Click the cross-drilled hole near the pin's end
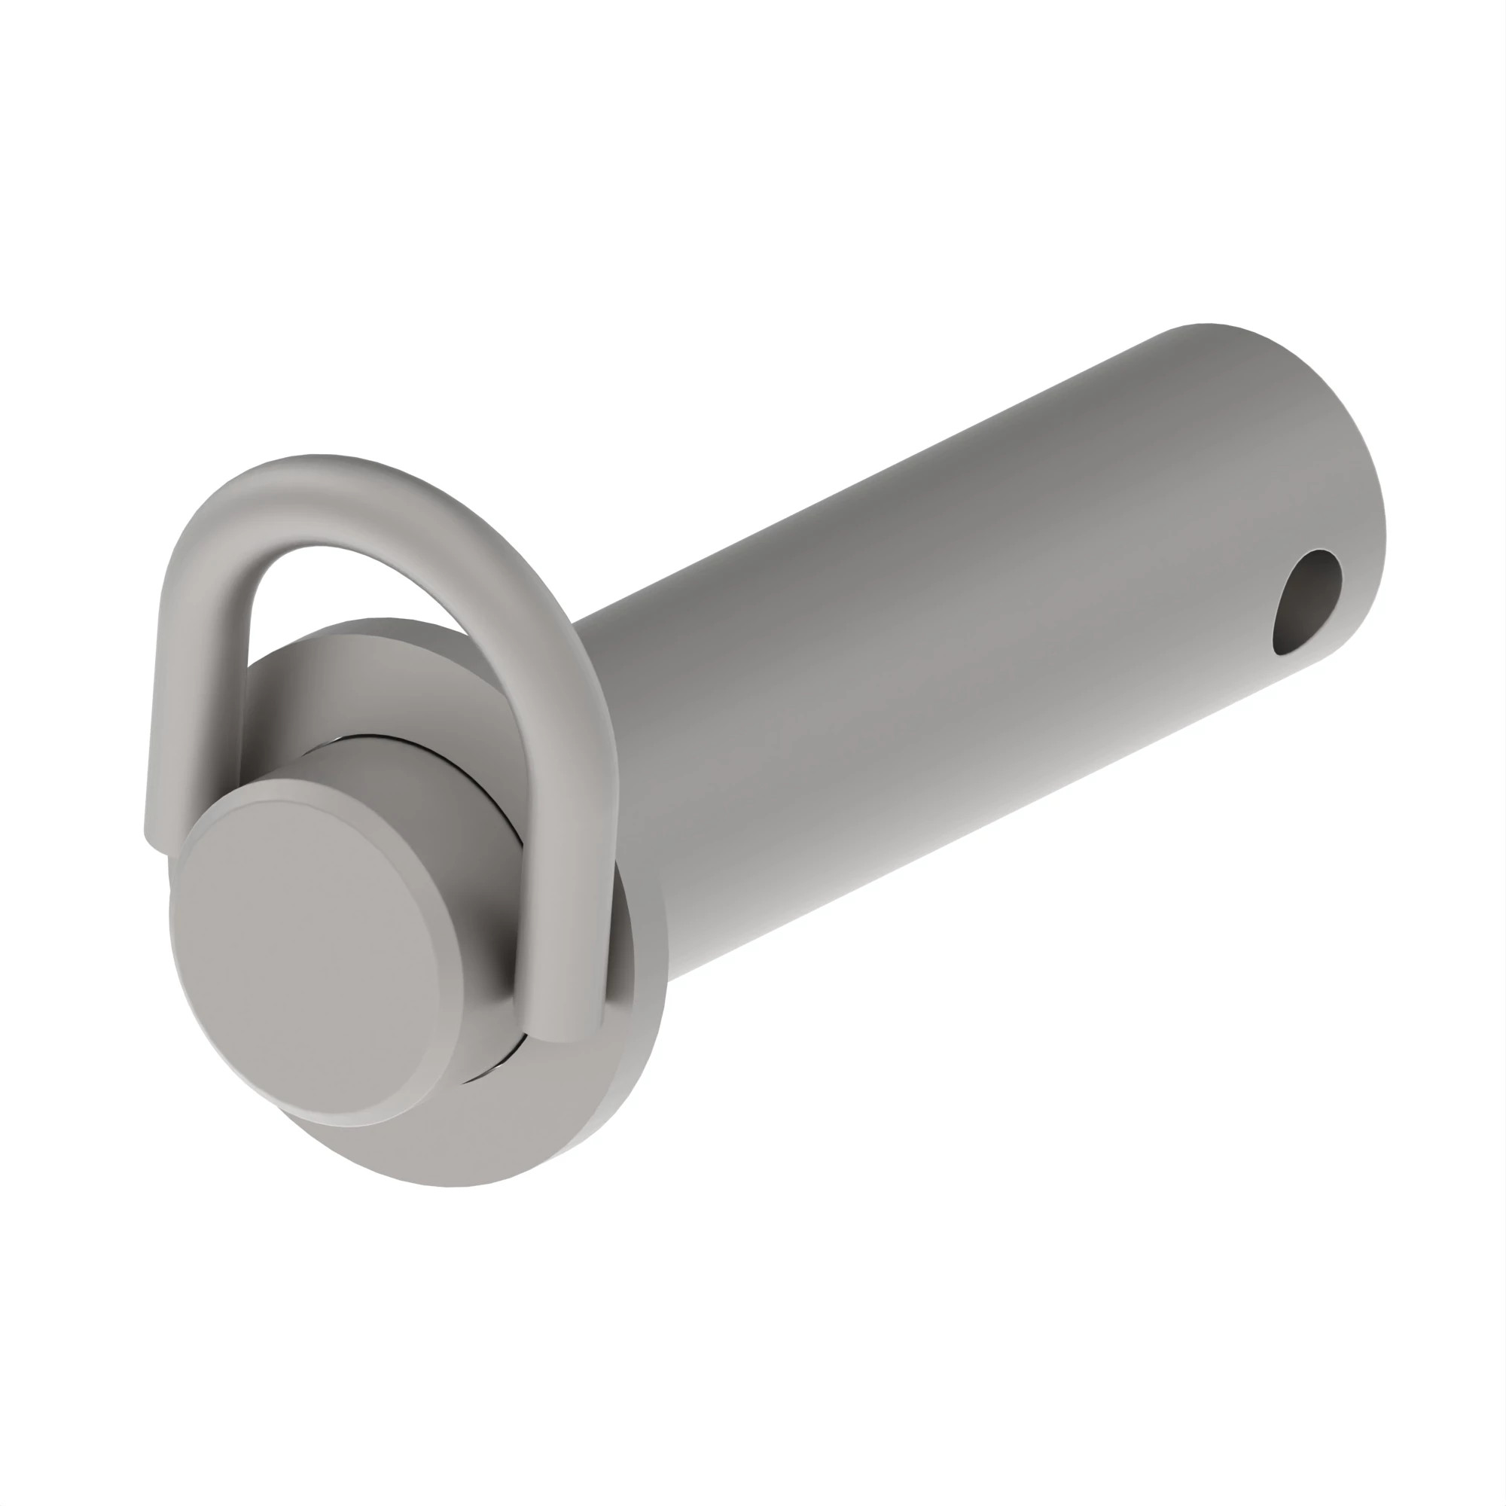point(1307,602)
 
